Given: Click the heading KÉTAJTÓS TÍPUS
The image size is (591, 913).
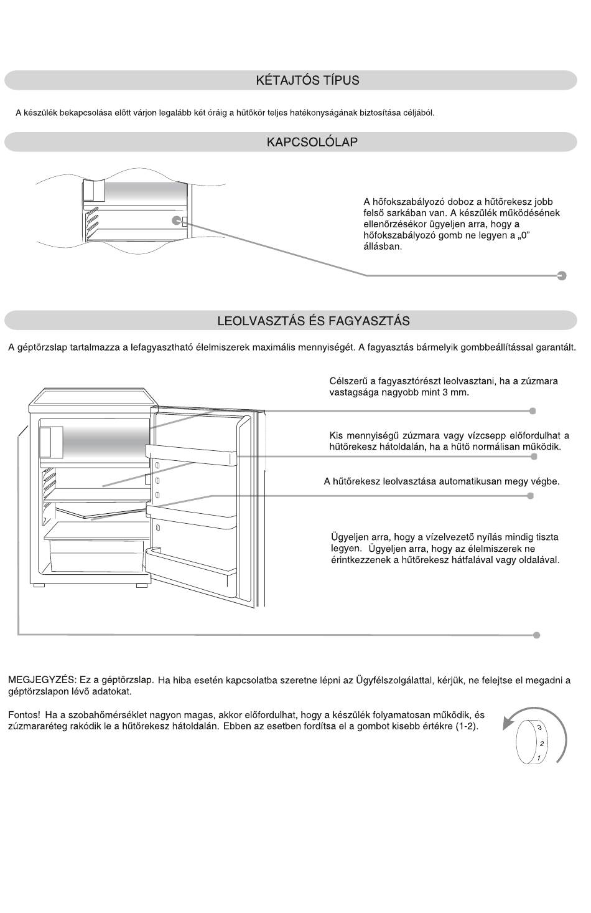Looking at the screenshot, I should tap(307, 80).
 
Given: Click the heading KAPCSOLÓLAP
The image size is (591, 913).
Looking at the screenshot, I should tap(312, 142).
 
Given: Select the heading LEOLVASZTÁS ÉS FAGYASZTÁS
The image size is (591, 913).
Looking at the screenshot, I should tap(313, 321).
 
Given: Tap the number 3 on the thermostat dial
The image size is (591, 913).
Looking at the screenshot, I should tap(539, 727).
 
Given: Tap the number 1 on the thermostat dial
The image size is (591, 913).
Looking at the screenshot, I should tap(538, 757).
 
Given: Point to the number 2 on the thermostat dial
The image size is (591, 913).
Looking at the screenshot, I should tap(542, 743).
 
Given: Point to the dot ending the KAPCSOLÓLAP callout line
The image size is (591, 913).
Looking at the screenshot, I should tap(562, 275).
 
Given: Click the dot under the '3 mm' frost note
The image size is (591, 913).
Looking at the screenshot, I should tap(533, 411).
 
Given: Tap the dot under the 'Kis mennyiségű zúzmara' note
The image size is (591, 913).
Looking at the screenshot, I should tap(534, 456).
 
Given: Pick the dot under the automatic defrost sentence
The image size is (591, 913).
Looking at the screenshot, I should tap(530, 496).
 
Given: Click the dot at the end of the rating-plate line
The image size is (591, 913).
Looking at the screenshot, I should tap(536, 635).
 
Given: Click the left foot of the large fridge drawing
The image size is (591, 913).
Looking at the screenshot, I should tap(39, 586).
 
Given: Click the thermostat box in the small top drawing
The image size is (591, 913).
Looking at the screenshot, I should tap(178, 220).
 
